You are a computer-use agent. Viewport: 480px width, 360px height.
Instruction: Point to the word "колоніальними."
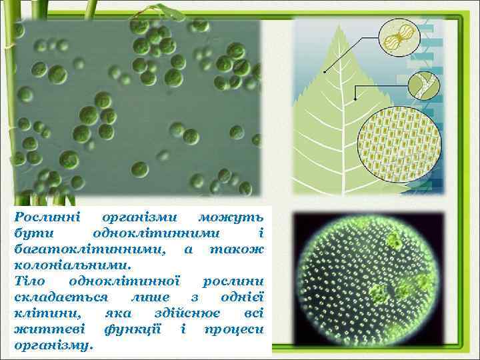(62, 265)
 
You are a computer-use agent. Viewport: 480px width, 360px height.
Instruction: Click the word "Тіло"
(29, 281)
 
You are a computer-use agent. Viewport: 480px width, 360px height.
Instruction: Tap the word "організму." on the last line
(54, 345)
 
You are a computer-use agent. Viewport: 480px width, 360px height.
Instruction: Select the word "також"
(237, 249)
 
